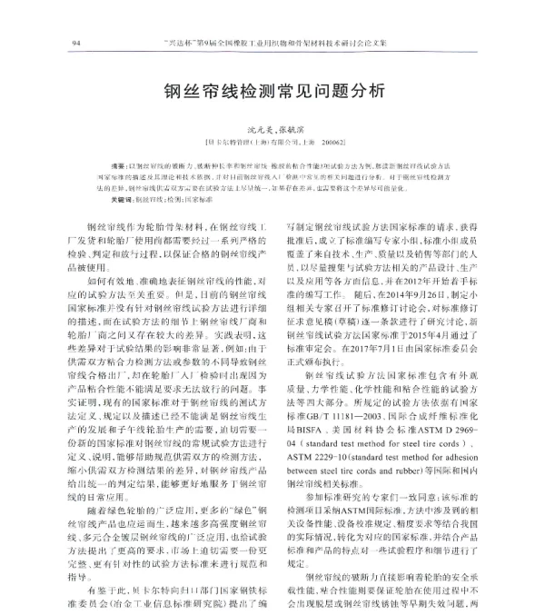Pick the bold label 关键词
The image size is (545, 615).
point(121,197)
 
